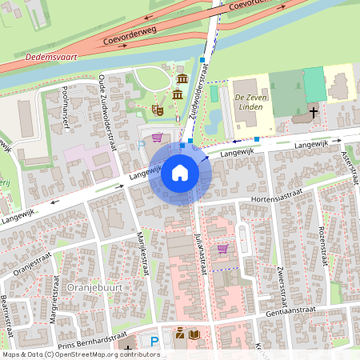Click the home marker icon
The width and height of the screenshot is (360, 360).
[179, 173]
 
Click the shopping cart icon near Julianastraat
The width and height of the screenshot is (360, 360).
[222, 249]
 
